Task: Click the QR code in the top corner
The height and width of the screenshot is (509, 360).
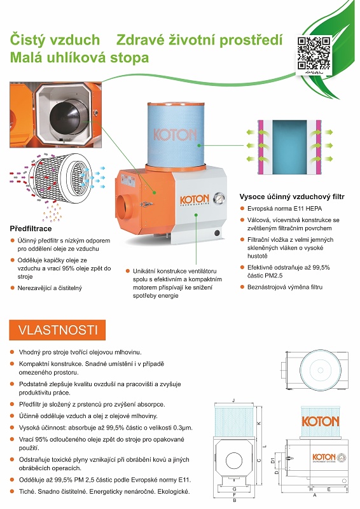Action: (x=314, y=53)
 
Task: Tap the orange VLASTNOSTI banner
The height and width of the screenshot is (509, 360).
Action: (x=57, y=330)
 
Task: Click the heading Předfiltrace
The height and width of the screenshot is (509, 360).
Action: (x=31, y=228)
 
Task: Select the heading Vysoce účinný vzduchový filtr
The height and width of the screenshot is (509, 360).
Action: (x=292, y=197)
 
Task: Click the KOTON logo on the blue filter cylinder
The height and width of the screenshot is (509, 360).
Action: (x=175, y=135)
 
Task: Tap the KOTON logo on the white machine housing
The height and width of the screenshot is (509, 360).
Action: (x=195, y=200)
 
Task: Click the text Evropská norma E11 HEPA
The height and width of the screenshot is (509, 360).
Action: (x=285, y=209)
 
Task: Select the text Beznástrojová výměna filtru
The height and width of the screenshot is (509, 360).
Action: (x=285, y=287)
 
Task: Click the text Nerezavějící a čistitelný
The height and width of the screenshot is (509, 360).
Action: (x=50, y=288)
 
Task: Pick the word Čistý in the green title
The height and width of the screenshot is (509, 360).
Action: (x=27, y=40)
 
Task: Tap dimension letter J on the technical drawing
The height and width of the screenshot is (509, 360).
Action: (x=233, y=401)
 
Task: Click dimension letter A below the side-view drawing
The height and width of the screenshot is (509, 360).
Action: (x=314, y=495)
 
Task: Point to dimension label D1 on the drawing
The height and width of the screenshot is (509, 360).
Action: (x=273, y=460)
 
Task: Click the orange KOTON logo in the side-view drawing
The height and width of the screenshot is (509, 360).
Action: (x=321, y=421)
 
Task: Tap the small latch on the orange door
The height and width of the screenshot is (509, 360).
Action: (x=146, y=204)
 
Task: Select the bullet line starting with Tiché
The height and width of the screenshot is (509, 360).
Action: (x=104, y=491)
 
